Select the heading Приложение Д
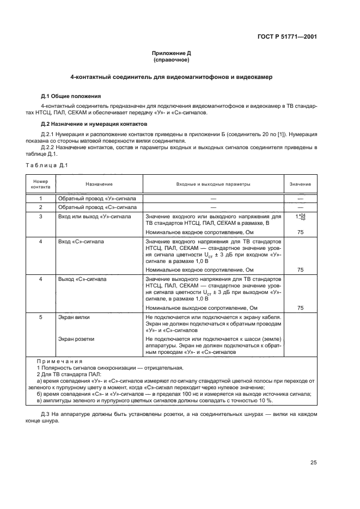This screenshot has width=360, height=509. tap(172, 53)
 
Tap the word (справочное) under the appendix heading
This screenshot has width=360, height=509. tap(172, 60)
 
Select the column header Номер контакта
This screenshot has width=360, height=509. tap(40, 183)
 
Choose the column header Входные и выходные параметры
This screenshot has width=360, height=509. tap(213, 184)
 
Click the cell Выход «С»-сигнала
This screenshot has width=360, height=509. tap(82, 278)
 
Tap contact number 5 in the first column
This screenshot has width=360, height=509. tap(40, 316)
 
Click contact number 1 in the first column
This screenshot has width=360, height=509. tap(40, 199)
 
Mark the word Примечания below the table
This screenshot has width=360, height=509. tap(59, 361)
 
